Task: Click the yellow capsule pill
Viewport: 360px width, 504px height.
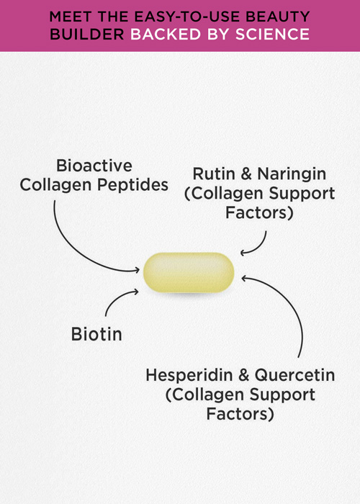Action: click(x=189, y=273)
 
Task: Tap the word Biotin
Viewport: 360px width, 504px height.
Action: click(x=96, y=334)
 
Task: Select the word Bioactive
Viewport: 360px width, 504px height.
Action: click(x=94, y=166)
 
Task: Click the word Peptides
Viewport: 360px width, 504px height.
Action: click(x=132, y=185)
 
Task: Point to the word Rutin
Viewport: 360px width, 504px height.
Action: click(x=214, y=174)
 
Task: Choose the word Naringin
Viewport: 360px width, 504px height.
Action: click(x=292, y=174)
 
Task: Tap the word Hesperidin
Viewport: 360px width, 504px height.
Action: click(x=189, y=375)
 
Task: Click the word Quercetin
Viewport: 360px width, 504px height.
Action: click(x=294, y=375)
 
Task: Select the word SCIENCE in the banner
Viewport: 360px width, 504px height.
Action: click(x=272, y=35)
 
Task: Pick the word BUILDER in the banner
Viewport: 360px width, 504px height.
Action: click(x=87, y=35)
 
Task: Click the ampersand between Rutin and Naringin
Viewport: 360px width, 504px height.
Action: click(x=246, y=174)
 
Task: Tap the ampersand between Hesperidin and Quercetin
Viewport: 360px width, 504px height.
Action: click(x=243, y=375)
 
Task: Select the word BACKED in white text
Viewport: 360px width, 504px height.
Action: click(x=166, y=35)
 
